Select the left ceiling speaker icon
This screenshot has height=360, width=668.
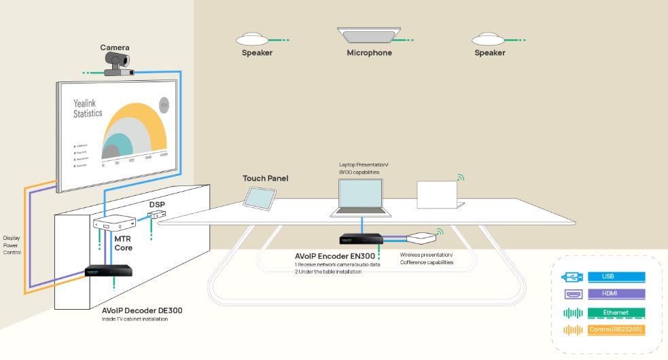[257, 38]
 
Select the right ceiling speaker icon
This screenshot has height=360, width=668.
[489, 38]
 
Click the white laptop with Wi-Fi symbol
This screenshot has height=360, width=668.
[440, 195]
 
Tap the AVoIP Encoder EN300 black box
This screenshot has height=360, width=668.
[359, 239]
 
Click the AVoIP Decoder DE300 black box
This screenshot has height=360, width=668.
[109, 270]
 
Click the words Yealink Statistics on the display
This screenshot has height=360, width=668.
[88, 108]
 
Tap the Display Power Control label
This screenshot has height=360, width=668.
[12, 245]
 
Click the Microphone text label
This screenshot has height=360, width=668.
[369, 53]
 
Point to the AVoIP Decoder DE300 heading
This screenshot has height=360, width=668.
[141, 310]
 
